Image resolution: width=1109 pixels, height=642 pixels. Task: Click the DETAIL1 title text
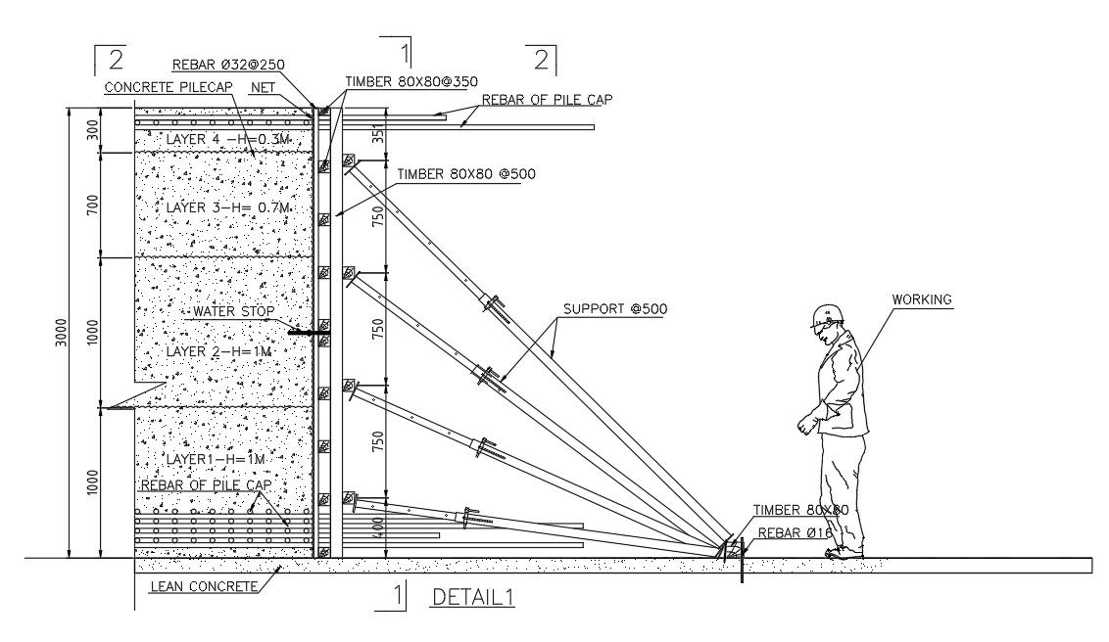(x=474, y=596)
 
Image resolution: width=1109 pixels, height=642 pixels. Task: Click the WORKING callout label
(x=922, y=299)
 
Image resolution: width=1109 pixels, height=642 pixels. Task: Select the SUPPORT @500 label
(x=614, y=309)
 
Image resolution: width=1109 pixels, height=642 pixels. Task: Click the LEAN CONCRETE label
(x=204, y=586)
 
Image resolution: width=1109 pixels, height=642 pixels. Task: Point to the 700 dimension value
(x=92, y=205)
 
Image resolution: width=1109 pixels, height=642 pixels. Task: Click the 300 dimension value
(x=92, y=131)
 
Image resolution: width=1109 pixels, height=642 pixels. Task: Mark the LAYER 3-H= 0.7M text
(x=228, y=207)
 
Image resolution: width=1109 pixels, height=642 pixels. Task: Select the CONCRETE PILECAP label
(x=165, y=86)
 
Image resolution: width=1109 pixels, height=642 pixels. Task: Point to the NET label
(x=263, y=86)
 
